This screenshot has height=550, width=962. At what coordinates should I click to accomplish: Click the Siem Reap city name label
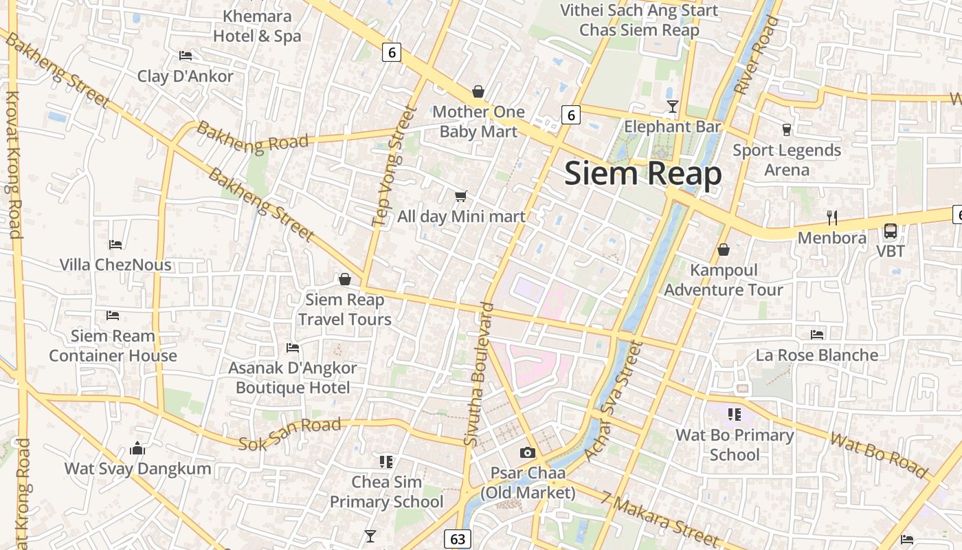click(642, 174)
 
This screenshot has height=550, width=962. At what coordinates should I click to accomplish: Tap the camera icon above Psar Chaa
click(527, 452)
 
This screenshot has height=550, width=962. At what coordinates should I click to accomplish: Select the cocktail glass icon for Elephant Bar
click(673, 106)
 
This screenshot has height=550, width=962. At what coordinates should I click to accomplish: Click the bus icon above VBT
click(891, 231)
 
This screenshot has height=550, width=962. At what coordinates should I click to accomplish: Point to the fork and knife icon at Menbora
click(832, 218)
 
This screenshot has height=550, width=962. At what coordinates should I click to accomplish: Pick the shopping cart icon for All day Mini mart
click(461, 197)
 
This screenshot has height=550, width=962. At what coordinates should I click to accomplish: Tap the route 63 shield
click(457, 539)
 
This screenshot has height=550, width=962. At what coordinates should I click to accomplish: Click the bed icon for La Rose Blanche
click(816, 335)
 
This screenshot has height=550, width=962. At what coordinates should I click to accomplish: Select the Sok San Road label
click(289, 434)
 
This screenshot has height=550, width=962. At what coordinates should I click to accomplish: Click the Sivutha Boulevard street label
click(479, 375)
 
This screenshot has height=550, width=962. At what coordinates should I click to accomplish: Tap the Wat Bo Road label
click(879, 454)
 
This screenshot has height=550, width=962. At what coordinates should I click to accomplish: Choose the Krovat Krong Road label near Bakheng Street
click(13, 165)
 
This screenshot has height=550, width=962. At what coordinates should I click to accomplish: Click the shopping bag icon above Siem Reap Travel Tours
click(344, 279)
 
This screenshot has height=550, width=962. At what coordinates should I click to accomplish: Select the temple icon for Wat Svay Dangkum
click(137, 449)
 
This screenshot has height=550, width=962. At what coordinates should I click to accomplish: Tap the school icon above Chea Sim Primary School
click(385, 461)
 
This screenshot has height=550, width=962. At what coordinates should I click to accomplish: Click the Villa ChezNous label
click(115, 265)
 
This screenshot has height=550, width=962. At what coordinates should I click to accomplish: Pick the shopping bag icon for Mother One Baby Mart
click(478, 91)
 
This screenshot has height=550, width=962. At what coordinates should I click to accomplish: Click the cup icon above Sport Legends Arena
click(787, 129)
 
